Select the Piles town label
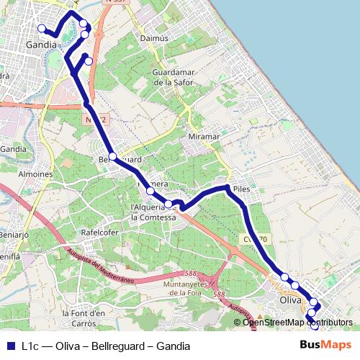tap(241, 184)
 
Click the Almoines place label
tap(35, 174)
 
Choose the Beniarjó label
tap(14, 215)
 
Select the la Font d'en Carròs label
tap(85, 318)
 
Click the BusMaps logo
tap(326, 345)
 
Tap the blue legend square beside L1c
tap(10, 346)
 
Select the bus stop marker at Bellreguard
tap(113, 156)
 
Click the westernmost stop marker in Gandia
tap(41, 29)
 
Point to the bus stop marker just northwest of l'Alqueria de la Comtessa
tap(150, 191)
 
